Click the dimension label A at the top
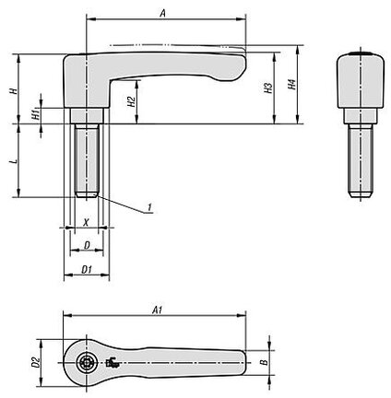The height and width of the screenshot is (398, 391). (163, 13)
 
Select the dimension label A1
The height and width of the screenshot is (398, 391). (157, 310)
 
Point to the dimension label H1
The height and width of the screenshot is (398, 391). (36, 115)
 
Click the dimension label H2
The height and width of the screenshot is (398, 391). (131, 101)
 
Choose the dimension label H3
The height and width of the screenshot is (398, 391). (268, 88)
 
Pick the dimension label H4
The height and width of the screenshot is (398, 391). (291, 85)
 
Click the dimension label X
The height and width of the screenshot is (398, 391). (87, 222)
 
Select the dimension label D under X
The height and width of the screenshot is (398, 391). (87, 245)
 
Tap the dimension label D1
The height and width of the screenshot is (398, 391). (87, 269)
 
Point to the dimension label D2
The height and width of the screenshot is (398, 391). (36, 363)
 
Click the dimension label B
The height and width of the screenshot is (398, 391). (264, 362)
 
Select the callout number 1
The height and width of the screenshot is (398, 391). (149, 207)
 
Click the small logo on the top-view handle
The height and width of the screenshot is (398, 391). (113, 363)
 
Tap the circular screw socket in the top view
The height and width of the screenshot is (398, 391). (87, 363)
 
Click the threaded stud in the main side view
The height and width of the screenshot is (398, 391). (87, 160)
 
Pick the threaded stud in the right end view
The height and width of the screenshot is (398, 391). (361, 160)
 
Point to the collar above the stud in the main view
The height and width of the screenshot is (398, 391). (87, 115)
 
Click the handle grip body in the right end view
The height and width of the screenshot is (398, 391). (361, 80)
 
